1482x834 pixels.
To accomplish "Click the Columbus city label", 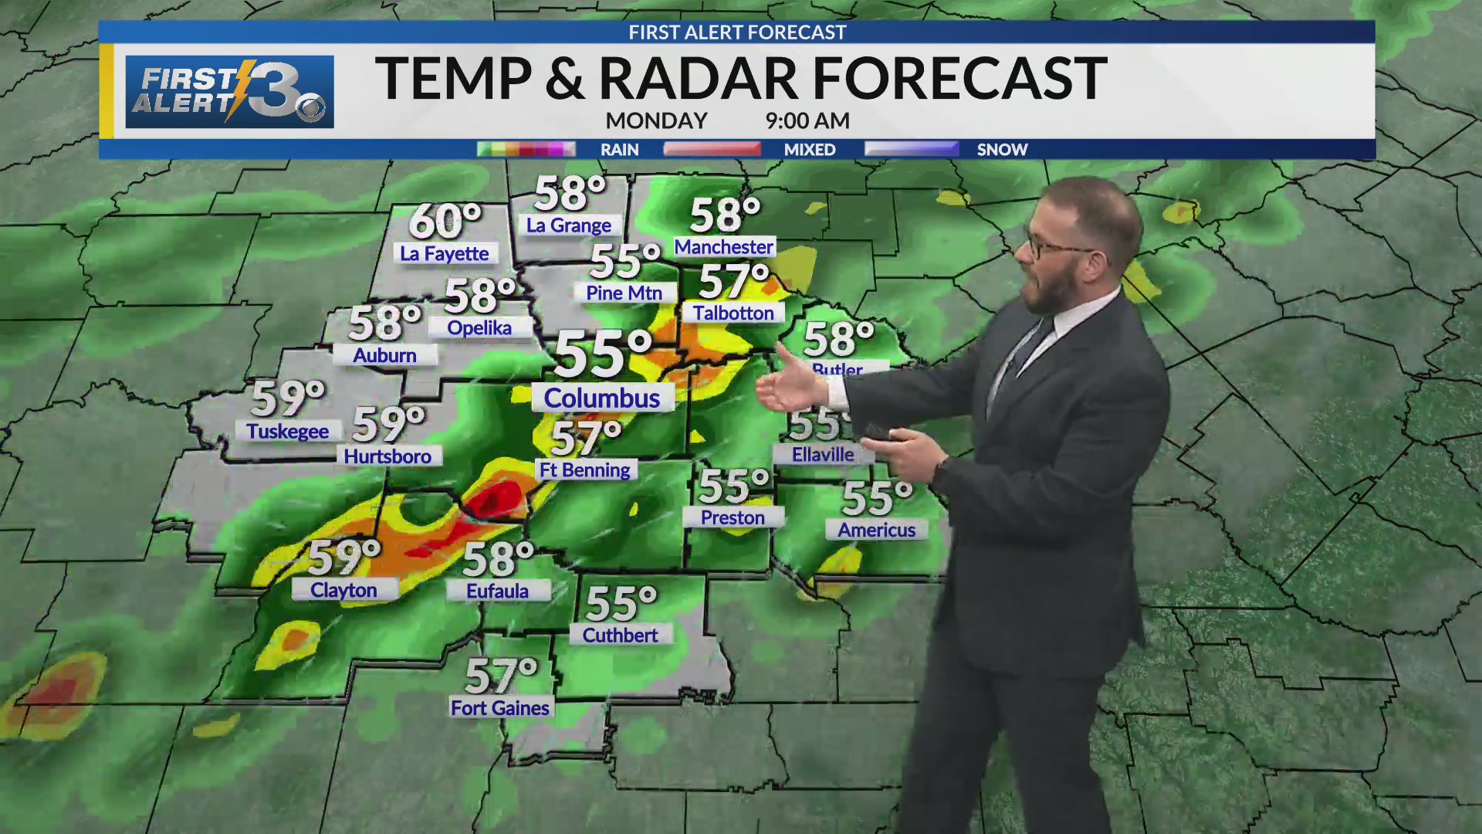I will pos(602,398).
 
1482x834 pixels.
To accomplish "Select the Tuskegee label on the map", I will pos(287,431).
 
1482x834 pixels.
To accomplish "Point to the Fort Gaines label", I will pos(500,707).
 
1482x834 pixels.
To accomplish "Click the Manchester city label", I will pos(723,247).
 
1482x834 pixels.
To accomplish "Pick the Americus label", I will pos(876,530).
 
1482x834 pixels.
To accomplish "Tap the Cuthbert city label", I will pos(620,635).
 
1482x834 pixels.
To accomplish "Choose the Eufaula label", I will pos(497,591).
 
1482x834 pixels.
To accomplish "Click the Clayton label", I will pos(343,590).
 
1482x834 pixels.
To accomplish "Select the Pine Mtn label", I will pos(624,293).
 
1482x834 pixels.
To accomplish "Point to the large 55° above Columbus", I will pos(603,354).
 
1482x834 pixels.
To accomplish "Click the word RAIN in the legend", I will pos(620,150).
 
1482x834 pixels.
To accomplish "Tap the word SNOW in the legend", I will pos(1002,150).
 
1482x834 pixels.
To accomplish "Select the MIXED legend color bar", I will pos(712,149).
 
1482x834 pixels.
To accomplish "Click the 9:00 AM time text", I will pos(807,121).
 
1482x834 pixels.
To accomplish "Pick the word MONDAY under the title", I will pos(656,121).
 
